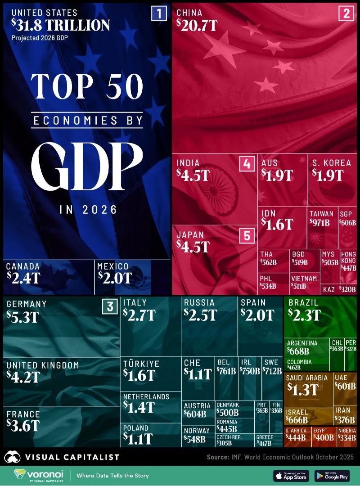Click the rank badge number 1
click(159, 13)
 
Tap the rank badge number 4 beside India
click(246, 164)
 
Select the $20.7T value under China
click(197, 26)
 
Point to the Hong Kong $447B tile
click(348, 261)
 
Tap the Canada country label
click(23, 266)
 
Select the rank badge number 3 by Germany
click(109, 307)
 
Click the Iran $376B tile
click(346, 415)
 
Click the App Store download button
click(291, 476)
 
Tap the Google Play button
click(332, 476)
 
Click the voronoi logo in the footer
click(38, 475)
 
